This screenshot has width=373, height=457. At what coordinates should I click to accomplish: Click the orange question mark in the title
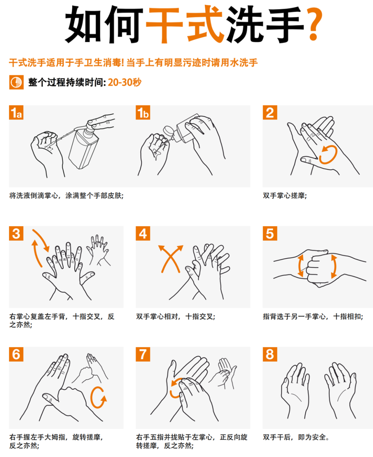pyautogui.click(x=314, y=24)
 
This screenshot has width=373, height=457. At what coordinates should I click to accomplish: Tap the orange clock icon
pyautogui.click(x=16, y=82)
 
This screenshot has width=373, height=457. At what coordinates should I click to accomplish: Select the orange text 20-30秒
pyautogui.click(x=125, y=82)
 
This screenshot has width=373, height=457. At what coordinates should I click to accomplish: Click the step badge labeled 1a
pyautogui.click(x=16, y=112)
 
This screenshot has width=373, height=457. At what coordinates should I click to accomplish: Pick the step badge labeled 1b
pyautogui.click(x=143, y=112)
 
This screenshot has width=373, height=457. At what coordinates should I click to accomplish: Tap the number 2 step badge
pyautogui.click(x=270, y=112)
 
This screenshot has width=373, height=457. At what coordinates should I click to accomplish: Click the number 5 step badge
pyautogui.click(x=270, y=233)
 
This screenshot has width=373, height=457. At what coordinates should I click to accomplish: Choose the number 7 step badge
pyautogui.click(x=143, y=354)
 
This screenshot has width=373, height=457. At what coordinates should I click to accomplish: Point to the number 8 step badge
pyautogui.click(x=270, y=354)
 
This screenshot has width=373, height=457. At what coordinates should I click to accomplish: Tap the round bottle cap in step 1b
pyautogui.click(x=168, y=131)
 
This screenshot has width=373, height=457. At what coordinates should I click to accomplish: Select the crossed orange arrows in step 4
pyautogui.click(x=171, y=258)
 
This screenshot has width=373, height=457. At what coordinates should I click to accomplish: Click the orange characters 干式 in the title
pyautogui.click(x=184, y=24)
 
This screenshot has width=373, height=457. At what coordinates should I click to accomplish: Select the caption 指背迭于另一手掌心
pyautogui.click(x=294, y=316)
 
